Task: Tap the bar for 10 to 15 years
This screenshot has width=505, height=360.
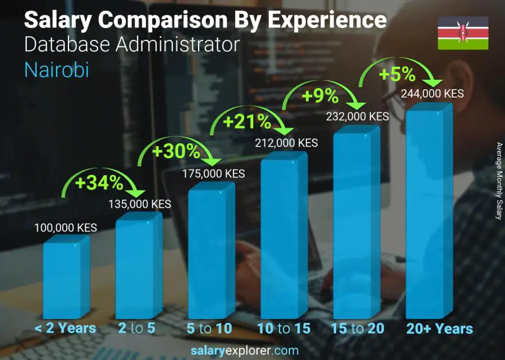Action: [x=284, y=236]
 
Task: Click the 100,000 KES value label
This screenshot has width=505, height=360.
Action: [x=65, y=228]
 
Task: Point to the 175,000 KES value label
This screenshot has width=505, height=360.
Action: [x=213, y=174]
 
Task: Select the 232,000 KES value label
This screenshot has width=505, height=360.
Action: [x=357, y=116]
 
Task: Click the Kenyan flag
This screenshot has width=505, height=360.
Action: [x=463, y=33]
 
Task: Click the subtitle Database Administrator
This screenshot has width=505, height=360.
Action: [x=132, y=44]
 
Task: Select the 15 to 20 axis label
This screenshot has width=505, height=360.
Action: [x=357, y=329]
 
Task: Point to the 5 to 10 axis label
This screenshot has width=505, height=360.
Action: [x=208, y=329]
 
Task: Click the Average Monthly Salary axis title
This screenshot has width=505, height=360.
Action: [x=498, y=181]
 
